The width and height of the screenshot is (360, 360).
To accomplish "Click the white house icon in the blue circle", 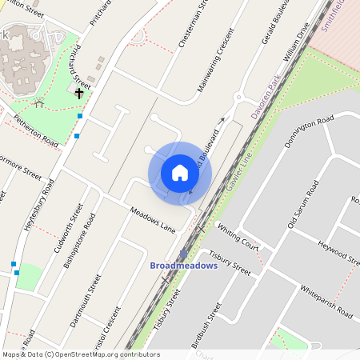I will (x=180, y=173).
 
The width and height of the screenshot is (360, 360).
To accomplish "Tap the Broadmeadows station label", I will (x=184, y=266).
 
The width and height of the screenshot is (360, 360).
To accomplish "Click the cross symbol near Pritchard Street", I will (x=79, y=94).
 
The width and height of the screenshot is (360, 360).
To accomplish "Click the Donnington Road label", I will (x=309, y=133).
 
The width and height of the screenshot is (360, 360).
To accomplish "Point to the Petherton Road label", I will (x=36, y=131).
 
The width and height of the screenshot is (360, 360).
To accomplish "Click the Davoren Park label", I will (x=263, y=98).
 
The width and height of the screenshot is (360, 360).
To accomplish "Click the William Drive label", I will (x=295, y=43).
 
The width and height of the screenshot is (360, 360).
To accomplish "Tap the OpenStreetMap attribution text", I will (x=80, y=354).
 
